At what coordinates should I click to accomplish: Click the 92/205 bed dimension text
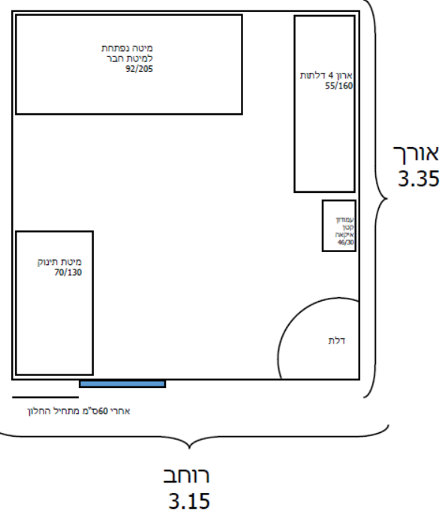pyautogui.click(x=139, y=68)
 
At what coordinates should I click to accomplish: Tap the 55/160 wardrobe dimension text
pyautogui.click(x=338, y=86)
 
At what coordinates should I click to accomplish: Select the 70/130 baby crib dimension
pyautogui.click(x=68, y=272)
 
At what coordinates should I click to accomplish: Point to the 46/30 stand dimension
pyautogui.click(x=345, y=242)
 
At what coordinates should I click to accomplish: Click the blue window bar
pyautogui.click(x=122, y=384)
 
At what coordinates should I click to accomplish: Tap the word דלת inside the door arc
pyautogui.click(x=336, y=341)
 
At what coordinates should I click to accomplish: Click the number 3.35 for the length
pyautogui.click(x=419, y=178)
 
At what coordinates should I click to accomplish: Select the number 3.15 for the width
pyautogui.click(x=189, y=500)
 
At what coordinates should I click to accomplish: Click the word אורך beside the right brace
pyautogui.click(x=416, y=155)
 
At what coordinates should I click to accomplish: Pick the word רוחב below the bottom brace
pyautogui.click(x=186, y=475)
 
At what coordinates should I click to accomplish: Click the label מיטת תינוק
pyautogui.click(x=59, y=262)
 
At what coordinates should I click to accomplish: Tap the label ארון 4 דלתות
pyautogui.click(x=326, y=75)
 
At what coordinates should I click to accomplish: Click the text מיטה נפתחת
pyautogui.click(x=127, y=48)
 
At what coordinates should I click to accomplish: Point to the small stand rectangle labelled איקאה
pyautogui.click(x=339, y=226)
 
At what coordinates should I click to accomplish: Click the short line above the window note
pyautogui.click(x=46, y=397)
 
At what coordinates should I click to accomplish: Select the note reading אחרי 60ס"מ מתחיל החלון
pyautogui.click(x=79, y=411)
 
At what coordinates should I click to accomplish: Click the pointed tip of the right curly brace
pyautogui.click(x=387, y=199)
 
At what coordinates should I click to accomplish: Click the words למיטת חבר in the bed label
pyautogui.click(x=130, y=59)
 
